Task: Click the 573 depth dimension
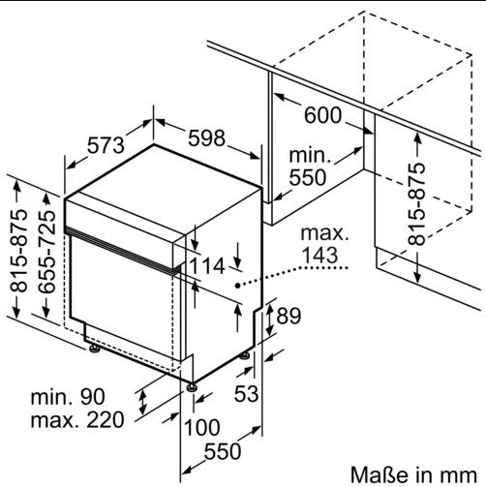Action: (x=106, y=145)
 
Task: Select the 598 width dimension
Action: (x=206, y=138)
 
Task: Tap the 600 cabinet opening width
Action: (x=322, y=115)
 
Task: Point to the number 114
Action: (x=206, y=266)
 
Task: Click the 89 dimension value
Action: (x=289, y=316)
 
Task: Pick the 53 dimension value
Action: (x=246, y=393)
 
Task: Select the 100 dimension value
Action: (x=202, y=427)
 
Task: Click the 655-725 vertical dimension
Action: (x=47, y=253)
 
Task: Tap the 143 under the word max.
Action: (x=320, y=255)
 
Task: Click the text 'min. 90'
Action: (x=68, y=397)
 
